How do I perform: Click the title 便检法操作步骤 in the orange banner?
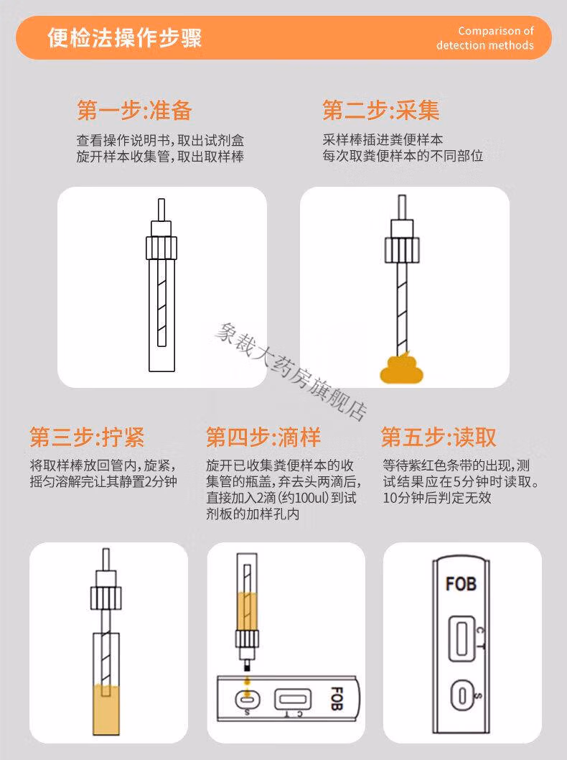pyautogui.click(x=124, y=38)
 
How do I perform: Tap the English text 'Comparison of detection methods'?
pyautogui.click(x=484, y=38)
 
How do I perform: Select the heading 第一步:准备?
pyautogui.click(x=134, y=111)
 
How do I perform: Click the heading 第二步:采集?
pyautogui.click(x=381, y=110)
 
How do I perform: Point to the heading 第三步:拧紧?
pyautogui.click(x=87, y=437)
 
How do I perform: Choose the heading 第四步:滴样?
pyautogui.click(x=263, y=437)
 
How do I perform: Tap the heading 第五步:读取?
pyautogui.click(x=439, y=437)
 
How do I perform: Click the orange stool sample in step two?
pyautogui.click(x=401, y=369)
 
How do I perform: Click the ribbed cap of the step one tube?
pyautogui.click(x=161, y=248)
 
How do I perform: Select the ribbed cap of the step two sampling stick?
pyautogui.click(x=402, y=250)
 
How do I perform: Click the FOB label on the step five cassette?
pyautogui.click(x=461, y=584)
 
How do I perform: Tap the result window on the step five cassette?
pyautogui.click(x=461, y=639)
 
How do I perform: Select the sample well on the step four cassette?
pyautogui.click(x=248, y=700)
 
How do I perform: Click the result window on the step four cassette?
pyautogui.click(x=293, y=700)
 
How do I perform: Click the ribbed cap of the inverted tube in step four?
pyautogui.click(x=247, y=639)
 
